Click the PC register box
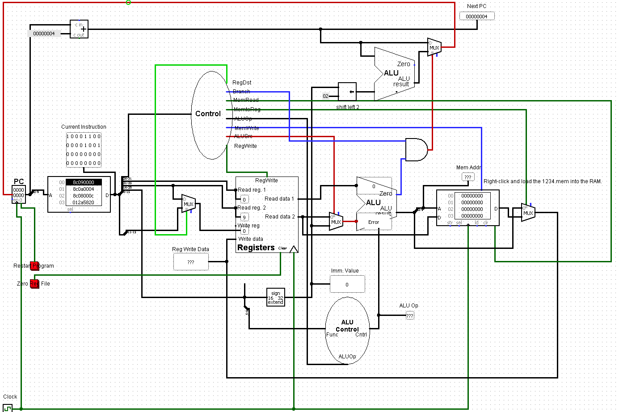click(x=19, y=194)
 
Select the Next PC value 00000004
click(x=477, y=17)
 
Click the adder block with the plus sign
click(x=79, y=29)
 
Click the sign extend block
click(x=275, y=298)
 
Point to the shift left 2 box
click(x=347, y=92)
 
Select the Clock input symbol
click(x=8, y=408)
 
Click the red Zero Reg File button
click(x=34, y=284)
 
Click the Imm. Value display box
click(x=347, y=284)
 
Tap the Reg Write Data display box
click(x=191, y=262)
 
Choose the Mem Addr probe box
click(x=468, y=177)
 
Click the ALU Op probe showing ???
click(x=410, y=315)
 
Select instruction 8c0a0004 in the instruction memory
click(x=84, y=189)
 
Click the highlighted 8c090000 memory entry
click(x=84, y=182)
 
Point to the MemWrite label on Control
click(x=246, y=128)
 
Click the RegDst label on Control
click(x=242, y=83)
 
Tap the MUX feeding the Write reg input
click(x=189, y=204)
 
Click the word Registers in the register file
click(x=256, y=248)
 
